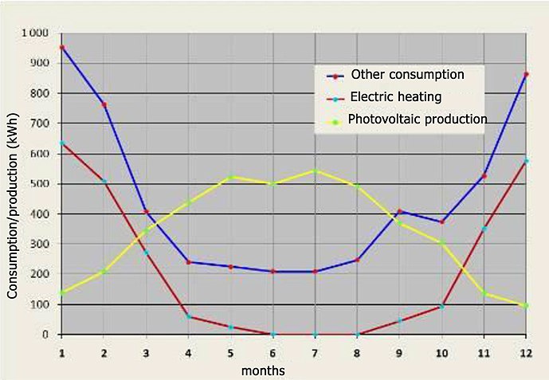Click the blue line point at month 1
(x=62, y=47)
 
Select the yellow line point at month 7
(x=315, y=171)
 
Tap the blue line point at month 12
(x=526, y=75)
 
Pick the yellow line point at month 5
(x=230, y=177)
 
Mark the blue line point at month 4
(x=188, y=262)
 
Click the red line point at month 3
(x=147, y=253)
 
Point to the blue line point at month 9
(x=399, y=211)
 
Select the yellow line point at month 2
(x=104, y=272)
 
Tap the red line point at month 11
(x=484, y=229)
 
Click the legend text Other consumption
(x=407, y=75)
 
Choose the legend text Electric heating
(x=396, y=96)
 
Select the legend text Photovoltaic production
(x=418, y=119)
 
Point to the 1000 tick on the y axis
(x=35, y=33)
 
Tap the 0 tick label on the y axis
(x=45, y=335)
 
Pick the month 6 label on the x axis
(x=273, y=354)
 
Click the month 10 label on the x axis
(x=441, y=354)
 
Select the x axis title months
(x=263, y=370)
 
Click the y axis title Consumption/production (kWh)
(x=12, y=206)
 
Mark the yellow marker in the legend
(x=336, y=122)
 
